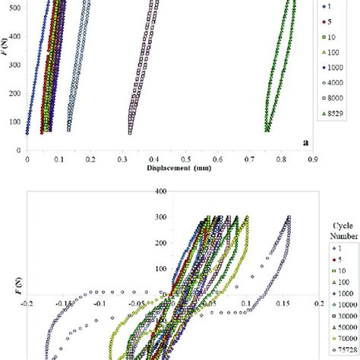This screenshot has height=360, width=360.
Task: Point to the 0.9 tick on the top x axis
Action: (x=311, y=159)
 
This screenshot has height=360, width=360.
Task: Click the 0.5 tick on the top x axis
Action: (x=185, y=159)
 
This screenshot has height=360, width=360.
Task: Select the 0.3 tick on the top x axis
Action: (x=122, y=159)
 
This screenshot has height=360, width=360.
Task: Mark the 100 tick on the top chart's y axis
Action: (x=15, y=122)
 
